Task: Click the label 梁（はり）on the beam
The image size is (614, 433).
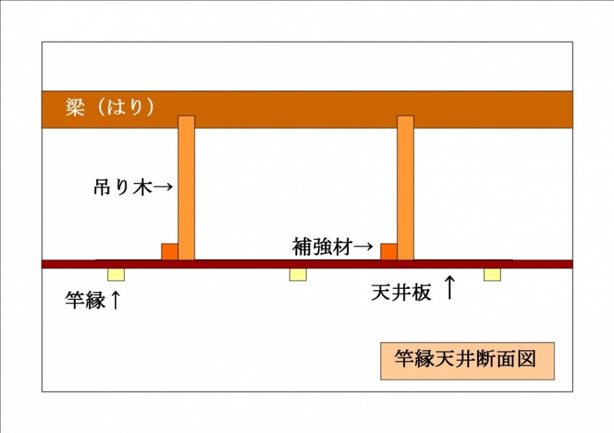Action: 110,107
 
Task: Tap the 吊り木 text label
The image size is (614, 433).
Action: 123,187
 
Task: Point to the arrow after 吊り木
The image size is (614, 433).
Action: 162,187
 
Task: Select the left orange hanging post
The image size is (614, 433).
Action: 186,187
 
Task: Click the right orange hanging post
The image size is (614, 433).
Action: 405,187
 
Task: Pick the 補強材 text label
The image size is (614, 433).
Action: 322,247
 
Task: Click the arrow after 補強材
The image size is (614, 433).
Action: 362,247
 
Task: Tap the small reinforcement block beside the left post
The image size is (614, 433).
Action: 170,252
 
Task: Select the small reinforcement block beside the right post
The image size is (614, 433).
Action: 389,252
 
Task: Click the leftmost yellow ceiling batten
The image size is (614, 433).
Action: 116,275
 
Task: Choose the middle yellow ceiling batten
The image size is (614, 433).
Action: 298,275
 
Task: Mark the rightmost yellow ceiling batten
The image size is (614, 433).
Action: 492,275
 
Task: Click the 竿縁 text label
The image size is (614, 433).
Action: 85,301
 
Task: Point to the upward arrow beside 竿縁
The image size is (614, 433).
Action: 115,300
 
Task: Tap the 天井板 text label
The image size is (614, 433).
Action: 401,292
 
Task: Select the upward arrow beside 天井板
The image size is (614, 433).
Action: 450,287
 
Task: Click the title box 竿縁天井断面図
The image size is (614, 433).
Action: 467,361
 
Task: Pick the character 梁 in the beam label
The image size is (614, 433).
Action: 75,107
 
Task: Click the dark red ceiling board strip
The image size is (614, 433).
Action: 308,264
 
